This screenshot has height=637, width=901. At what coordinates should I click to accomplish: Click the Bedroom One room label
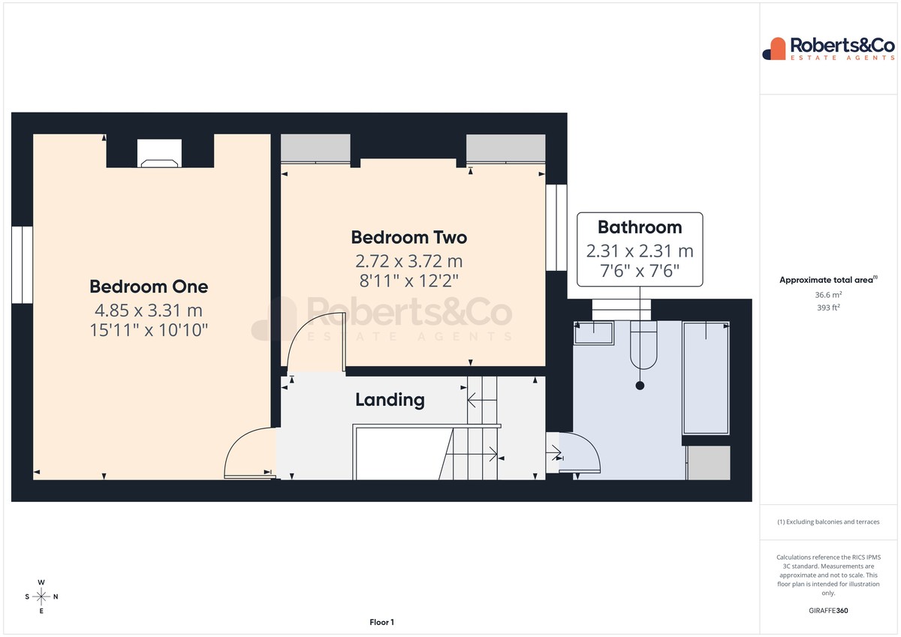(149, 287)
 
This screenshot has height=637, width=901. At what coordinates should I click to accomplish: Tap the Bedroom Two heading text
(409, 238)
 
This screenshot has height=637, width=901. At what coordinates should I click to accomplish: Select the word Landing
(390, 400)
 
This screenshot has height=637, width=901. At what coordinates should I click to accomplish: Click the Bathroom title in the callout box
(640, 227)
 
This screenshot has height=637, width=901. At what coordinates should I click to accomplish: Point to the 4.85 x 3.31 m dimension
(149, 311)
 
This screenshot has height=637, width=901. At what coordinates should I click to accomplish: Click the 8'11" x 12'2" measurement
(409, 281)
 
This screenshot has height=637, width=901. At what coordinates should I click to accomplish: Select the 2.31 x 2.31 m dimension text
(640, 251)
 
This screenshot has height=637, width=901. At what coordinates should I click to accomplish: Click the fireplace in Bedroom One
(159, 153)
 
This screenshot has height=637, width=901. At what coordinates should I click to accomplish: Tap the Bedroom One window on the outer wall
(22, 265)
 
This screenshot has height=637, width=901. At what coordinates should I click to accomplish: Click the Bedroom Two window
(556, 227)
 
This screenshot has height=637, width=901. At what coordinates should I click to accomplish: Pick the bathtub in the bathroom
(706, 378)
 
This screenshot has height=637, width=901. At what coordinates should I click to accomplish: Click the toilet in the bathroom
(643, 345)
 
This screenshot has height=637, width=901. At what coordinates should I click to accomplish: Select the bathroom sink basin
(594, 333)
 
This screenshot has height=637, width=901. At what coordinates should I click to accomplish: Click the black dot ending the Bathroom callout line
(640, 386)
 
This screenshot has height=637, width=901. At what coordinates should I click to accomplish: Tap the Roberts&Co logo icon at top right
(774, 49)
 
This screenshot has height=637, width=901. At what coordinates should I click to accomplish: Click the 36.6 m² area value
(828, 295)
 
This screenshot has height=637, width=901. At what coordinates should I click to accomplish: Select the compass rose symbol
(41, 596)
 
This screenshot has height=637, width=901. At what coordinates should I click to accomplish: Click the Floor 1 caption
(381, 622)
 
